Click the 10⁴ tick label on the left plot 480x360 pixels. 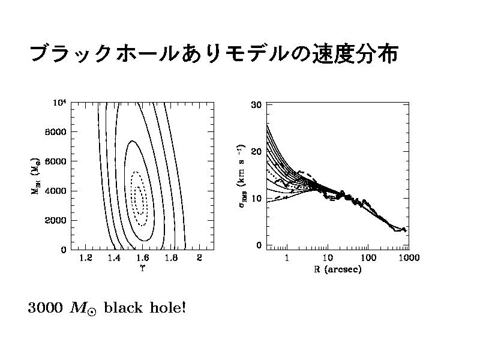point(58,103)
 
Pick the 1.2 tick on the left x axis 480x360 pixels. point(85,259)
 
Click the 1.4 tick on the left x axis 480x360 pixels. point(113,259)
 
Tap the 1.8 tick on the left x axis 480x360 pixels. point(170,259)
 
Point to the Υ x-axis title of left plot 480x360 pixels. point(142,268)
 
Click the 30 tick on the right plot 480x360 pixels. point(256,104)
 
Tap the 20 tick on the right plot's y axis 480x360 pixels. point(256,151)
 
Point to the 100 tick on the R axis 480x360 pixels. point(368,258)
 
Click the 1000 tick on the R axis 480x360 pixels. point(408,258)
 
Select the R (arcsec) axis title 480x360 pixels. point(337,269)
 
